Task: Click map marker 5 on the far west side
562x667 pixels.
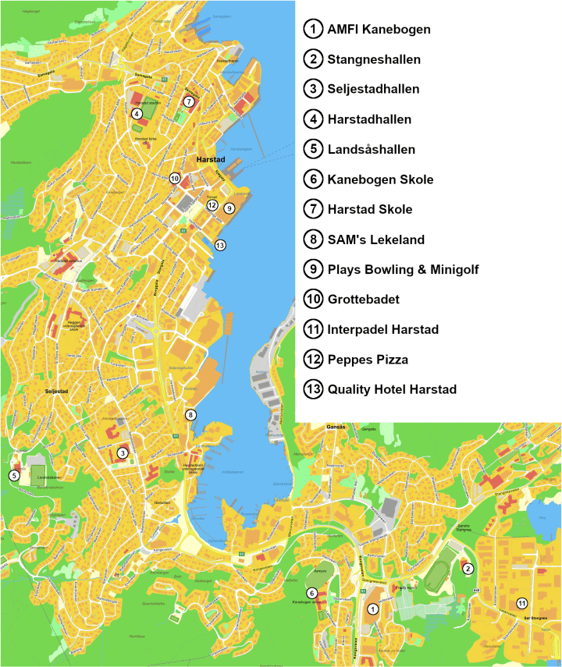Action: (x=14, y=475)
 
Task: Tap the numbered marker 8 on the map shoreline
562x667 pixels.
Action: (x=190, y=414)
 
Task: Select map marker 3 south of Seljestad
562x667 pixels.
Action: (x=123, y=452)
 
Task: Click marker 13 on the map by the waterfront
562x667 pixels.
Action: (x=220, y=245)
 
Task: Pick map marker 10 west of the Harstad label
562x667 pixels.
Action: (x=175, y=178)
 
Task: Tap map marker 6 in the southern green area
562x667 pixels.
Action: (x=312, y=593)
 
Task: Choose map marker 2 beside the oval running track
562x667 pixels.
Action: (x=468, y=569)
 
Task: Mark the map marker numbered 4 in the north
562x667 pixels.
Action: (x=137, y=113)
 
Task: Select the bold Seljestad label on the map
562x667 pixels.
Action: (x=58, y=392)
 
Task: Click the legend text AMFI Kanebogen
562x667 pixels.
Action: (x=379, y=30)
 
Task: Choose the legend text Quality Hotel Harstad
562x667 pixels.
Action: (x=392, y=389)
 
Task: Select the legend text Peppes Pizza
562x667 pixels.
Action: (x=368, y=360)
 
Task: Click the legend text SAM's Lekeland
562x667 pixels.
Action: (x=376, y=239)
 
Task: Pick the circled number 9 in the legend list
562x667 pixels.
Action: (x=313, y=269)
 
